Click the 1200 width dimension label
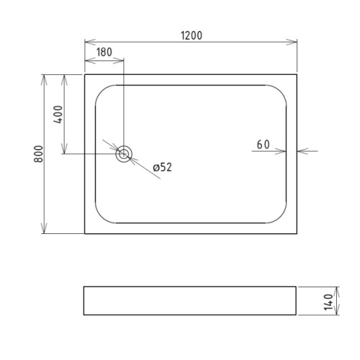[x=192, y=35]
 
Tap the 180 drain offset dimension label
[x=104, y=52]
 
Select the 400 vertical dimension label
[x=58, y=114]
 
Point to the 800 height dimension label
[x=38, y=154]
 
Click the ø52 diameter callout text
[x=163, y=167]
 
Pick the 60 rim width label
[x=263, y=145]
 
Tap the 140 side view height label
[x=328, y=302]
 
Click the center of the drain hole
[x=124, y=154]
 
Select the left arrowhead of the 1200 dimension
[x=90, y=42]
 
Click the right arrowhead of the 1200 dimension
[x=292, y=42]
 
